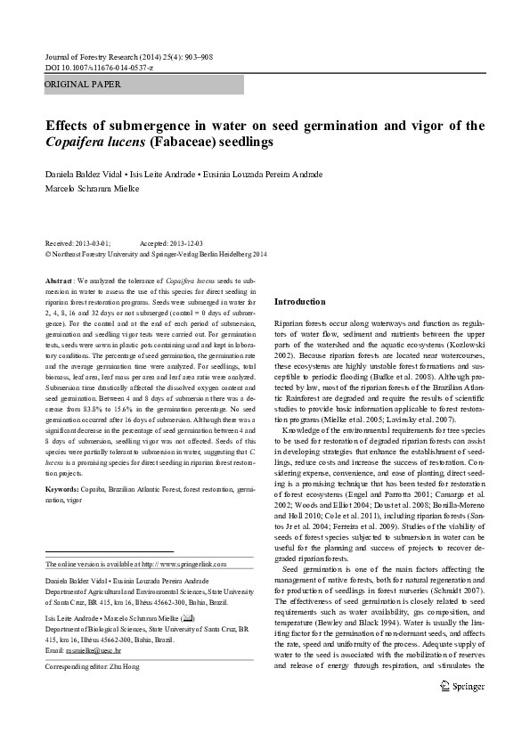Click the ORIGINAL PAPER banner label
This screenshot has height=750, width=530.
point(83,85)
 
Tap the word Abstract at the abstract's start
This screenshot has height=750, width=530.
point(60,280)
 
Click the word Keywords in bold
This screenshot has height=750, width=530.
point(61,490)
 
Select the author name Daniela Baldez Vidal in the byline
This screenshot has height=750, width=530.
point(83,174)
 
